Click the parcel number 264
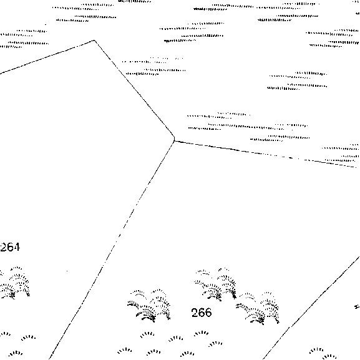click(10, 247)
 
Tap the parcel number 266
click(202, 313)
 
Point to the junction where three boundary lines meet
click(175, 140)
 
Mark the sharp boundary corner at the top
click(94, 41)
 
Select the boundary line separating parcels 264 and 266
click(112, 250)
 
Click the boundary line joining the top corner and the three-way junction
click(134, 90)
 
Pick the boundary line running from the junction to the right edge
click(265, 153)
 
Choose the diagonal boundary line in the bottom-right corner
click(311, 308)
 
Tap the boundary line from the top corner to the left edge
click(47, 57)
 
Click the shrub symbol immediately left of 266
click(149, 306)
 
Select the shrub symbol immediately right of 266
click(258, 308)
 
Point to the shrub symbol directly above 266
click(215, 285)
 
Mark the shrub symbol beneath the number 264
click(14, 283)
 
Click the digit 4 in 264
click(16, 247)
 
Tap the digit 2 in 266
click(195, 313)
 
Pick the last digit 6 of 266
click(208, 313)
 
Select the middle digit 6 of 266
click(202, 313)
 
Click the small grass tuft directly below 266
click(201, 333)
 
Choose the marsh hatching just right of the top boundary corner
click(153, 66)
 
